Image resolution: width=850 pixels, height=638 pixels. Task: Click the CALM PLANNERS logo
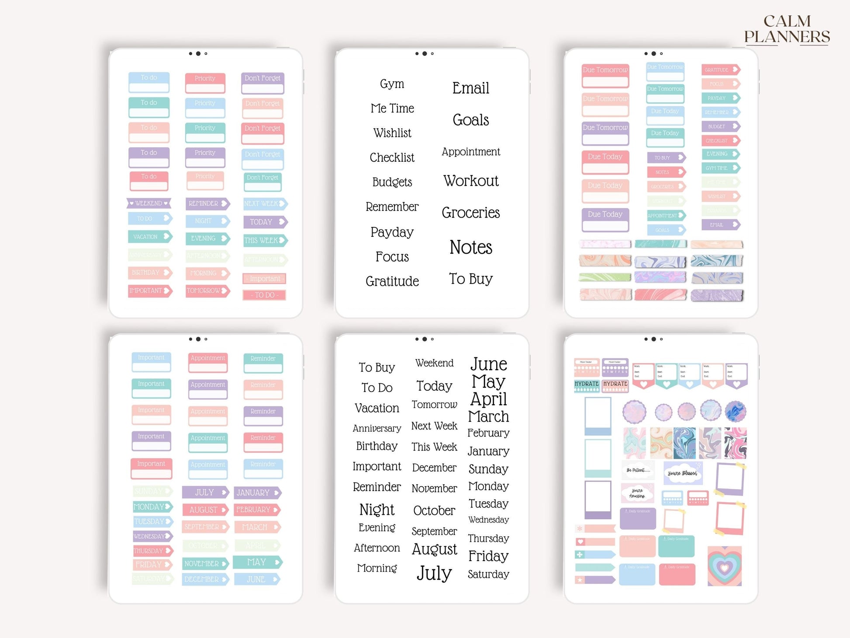click(787, 29)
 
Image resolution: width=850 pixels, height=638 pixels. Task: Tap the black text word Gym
click(392, 84)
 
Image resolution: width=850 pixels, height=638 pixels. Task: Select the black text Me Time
click(392, 108)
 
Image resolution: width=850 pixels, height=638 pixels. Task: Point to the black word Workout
click(471, 181)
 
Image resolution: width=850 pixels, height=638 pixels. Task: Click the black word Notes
click(471, 247)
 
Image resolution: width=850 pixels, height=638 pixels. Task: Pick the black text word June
click(488, 364)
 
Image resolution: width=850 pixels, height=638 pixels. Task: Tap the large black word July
click(434, 573)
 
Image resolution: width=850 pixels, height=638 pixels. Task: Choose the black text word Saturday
click(488, 574)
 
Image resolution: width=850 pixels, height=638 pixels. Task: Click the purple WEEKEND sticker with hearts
click(149, 203)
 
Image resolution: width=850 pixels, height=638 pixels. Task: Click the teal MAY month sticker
click(257, 562)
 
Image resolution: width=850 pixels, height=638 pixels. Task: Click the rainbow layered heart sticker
click(724, 566)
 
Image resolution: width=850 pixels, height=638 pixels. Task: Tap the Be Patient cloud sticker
click(638, 470)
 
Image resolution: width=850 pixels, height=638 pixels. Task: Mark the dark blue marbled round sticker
click(735, 412)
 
